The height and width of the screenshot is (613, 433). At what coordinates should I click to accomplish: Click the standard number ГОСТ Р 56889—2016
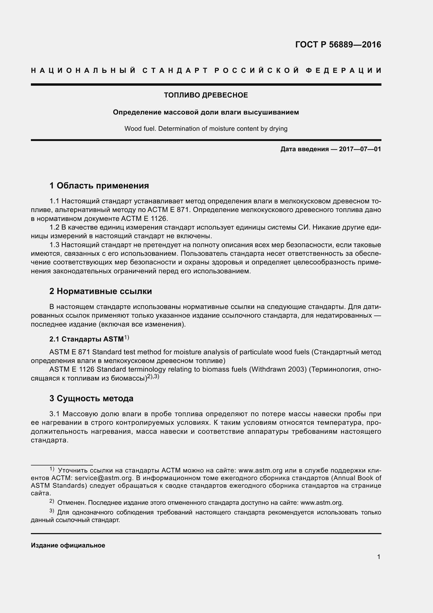338,45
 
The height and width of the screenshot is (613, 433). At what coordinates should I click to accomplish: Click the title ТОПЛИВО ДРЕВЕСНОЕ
206,95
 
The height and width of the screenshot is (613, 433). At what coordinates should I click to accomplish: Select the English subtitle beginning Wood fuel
206,129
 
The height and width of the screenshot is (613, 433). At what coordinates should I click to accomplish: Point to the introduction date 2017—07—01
360,149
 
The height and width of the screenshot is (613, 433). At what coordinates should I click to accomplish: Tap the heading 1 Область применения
99,186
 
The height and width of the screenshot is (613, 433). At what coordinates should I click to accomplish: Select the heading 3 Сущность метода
91,399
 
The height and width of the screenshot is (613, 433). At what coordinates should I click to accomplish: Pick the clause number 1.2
54,227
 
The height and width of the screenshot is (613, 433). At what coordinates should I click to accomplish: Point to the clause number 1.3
54,245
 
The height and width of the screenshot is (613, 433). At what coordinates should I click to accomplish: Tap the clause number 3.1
54,414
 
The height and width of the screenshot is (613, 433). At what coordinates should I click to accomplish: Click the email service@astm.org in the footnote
103,478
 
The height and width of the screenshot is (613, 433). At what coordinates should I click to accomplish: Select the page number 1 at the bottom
379,557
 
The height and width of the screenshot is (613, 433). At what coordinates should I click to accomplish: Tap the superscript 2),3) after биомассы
153,377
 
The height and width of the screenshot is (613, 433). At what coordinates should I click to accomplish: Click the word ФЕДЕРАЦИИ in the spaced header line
343,70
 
